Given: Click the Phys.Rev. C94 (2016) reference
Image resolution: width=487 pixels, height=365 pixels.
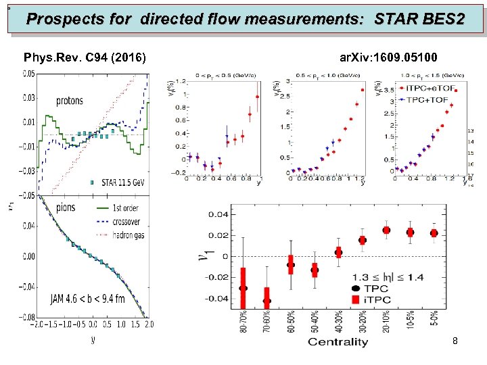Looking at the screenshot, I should [85, 58].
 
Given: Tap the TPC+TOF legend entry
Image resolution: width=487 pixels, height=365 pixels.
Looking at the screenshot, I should [430, 99].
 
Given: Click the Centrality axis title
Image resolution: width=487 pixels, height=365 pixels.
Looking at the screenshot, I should [338, 342].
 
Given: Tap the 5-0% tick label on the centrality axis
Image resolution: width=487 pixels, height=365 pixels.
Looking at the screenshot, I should [434, 319].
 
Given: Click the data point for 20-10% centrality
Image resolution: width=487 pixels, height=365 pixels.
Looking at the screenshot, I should [386, 230].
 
